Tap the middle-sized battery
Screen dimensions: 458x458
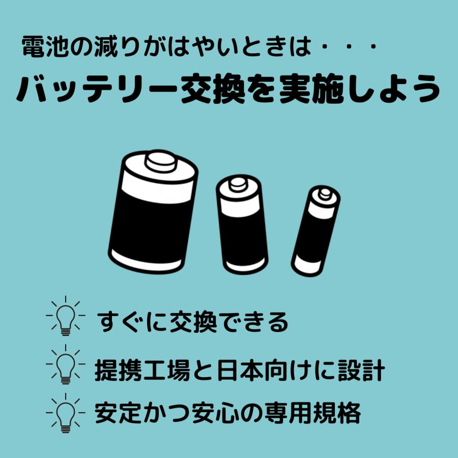242,224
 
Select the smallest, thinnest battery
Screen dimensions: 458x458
316,231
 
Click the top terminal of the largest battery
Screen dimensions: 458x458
161,161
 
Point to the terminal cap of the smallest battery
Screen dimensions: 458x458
325,194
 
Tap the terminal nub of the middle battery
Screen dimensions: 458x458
238,184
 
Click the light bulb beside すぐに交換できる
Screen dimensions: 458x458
66,316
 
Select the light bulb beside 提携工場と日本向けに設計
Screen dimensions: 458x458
66,364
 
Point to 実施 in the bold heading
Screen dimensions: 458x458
311,89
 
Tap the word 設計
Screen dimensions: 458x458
361,370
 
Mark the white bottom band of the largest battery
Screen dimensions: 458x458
146,261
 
